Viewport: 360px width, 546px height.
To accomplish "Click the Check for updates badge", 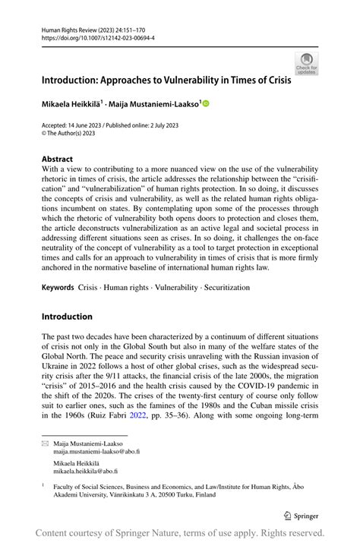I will (306, 64).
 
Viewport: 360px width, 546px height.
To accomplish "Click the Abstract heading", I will (58, 160).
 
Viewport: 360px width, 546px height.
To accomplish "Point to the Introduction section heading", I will (67, 316).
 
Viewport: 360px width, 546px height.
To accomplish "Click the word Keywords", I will (58, 289).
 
